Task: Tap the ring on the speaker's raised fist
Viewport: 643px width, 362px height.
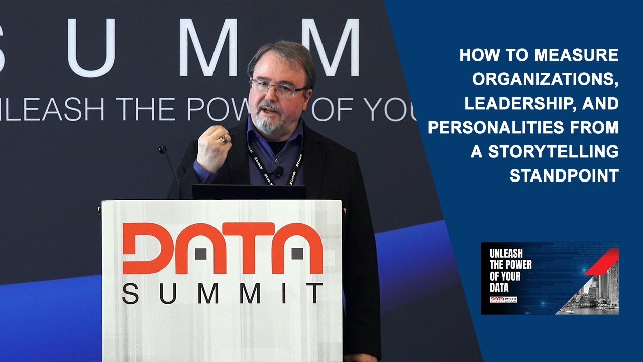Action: point(222,138)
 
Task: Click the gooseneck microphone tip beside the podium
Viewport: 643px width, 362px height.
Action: point(162,149)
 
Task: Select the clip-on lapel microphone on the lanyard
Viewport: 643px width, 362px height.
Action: point(278,172)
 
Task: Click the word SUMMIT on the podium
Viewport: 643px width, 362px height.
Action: point(223,294)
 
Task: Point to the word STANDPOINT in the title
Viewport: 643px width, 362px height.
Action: point(564,176)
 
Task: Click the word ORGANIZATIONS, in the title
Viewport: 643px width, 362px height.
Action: point(545,79)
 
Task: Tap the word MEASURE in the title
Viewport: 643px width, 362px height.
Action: point(576,55)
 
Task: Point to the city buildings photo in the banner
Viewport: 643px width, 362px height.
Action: point(595,294)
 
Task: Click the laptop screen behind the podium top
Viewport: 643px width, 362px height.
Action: point(249,192)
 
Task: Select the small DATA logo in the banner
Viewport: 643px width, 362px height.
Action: point(497,299)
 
